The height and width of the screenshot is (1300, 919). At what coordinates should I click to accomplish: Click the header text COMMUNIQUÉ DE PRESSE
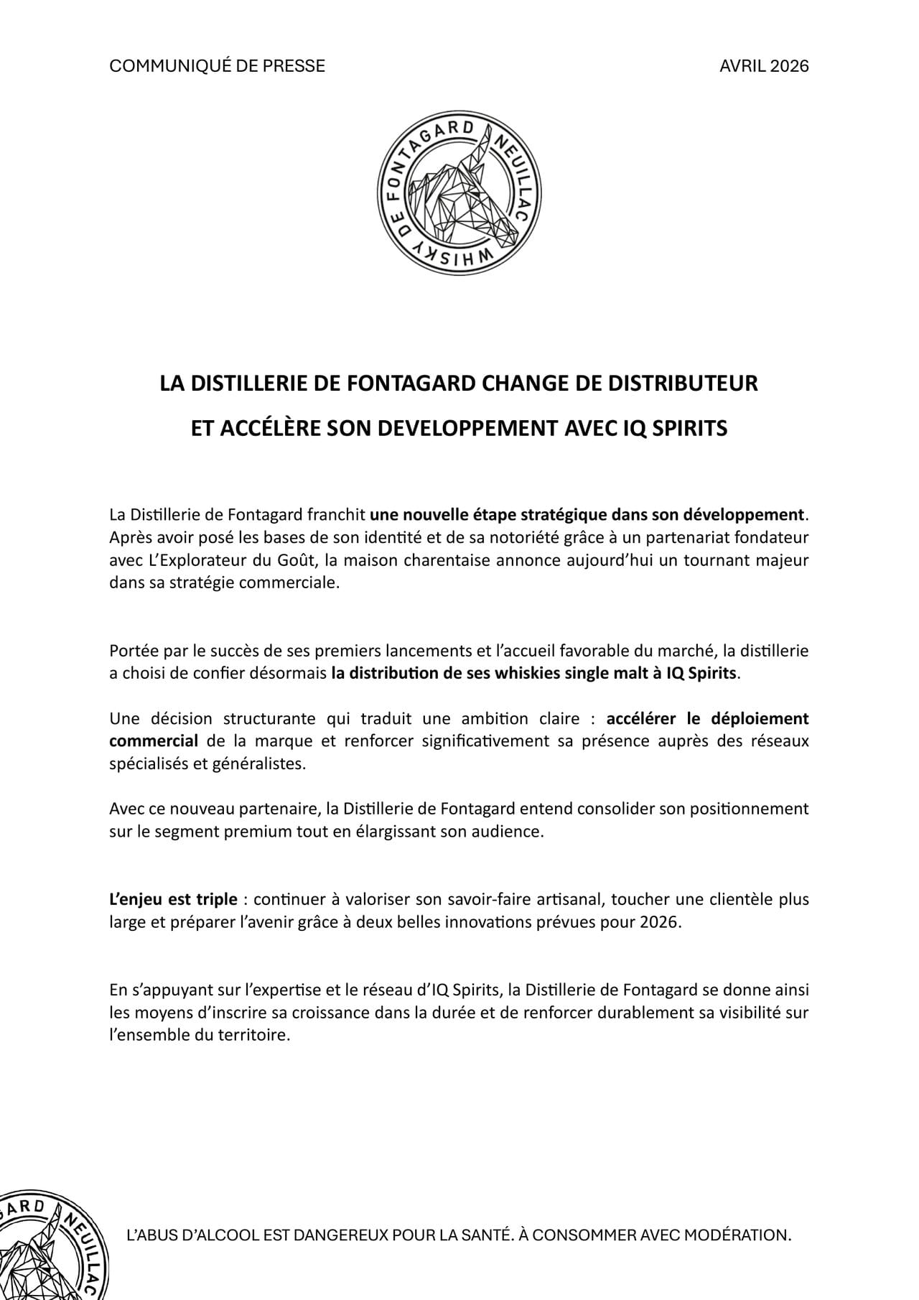(217, 66)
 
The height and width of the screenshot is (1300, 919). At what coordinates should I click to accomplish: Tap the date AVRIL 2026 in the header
(764, 66)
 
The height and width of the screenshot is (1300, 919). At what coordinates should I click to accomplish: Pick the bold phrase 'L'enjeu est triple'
(173, 899)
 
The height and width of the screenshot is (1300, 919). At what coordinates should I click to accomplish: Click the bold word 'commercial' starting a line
(154, 740)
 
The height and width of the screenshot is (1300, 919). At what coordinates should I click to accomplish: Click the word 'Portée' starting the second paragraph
(132, 651)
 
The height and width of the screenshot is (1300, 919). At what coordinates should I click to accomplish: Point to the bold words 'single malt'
(615, 674)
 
